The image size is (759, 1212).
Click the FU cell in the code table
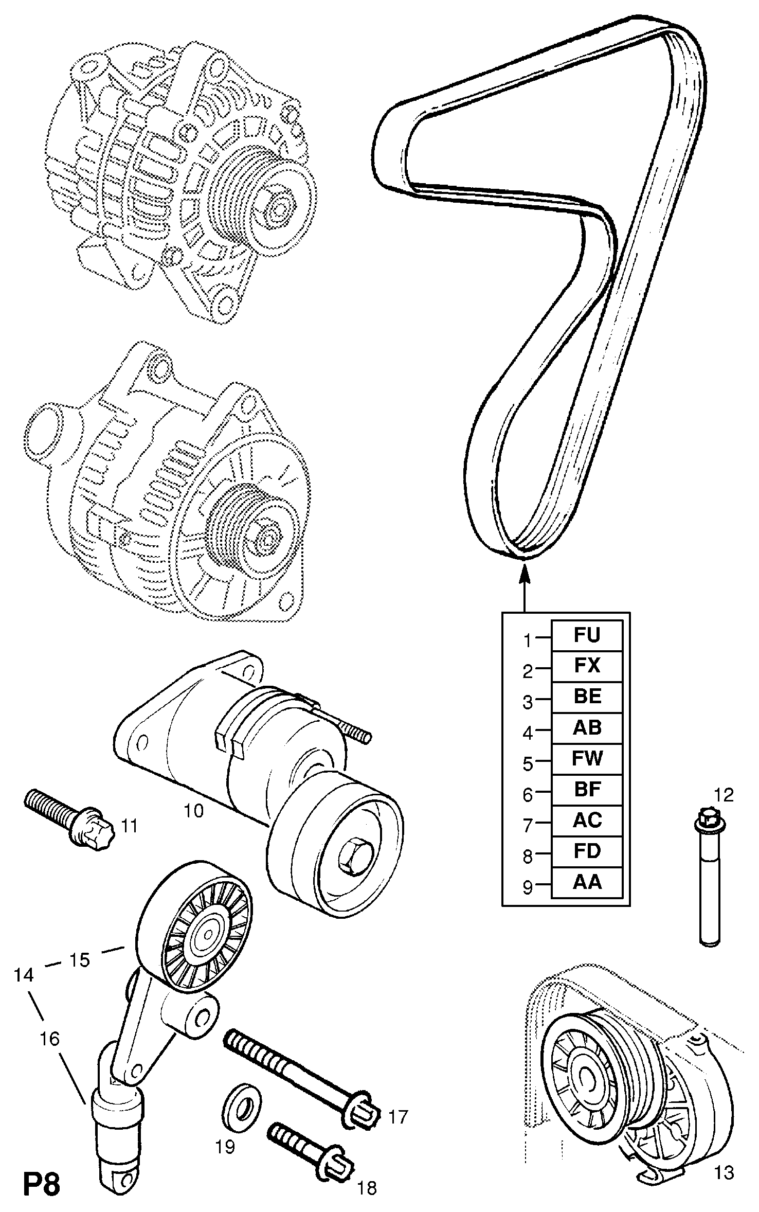[x=587, y=636]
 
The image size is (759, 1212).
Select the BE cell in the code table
[x=587, y=697]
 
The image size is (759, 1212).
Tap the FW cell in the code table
[x=587, y=759]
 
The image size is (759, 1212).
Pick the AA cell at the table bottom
[x=587, y=882]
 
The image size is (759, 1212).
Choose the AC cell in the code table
[x=587, y=821]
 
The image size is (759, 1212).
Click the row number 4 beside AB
[x=528, y=733]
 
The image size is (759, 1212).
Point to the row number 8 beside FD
[x=528, y=857]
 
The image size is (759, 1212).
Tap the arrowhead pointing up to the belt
[x=524, y=573]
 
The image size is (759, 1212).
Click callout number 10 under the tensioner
[x=194, y=811]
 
